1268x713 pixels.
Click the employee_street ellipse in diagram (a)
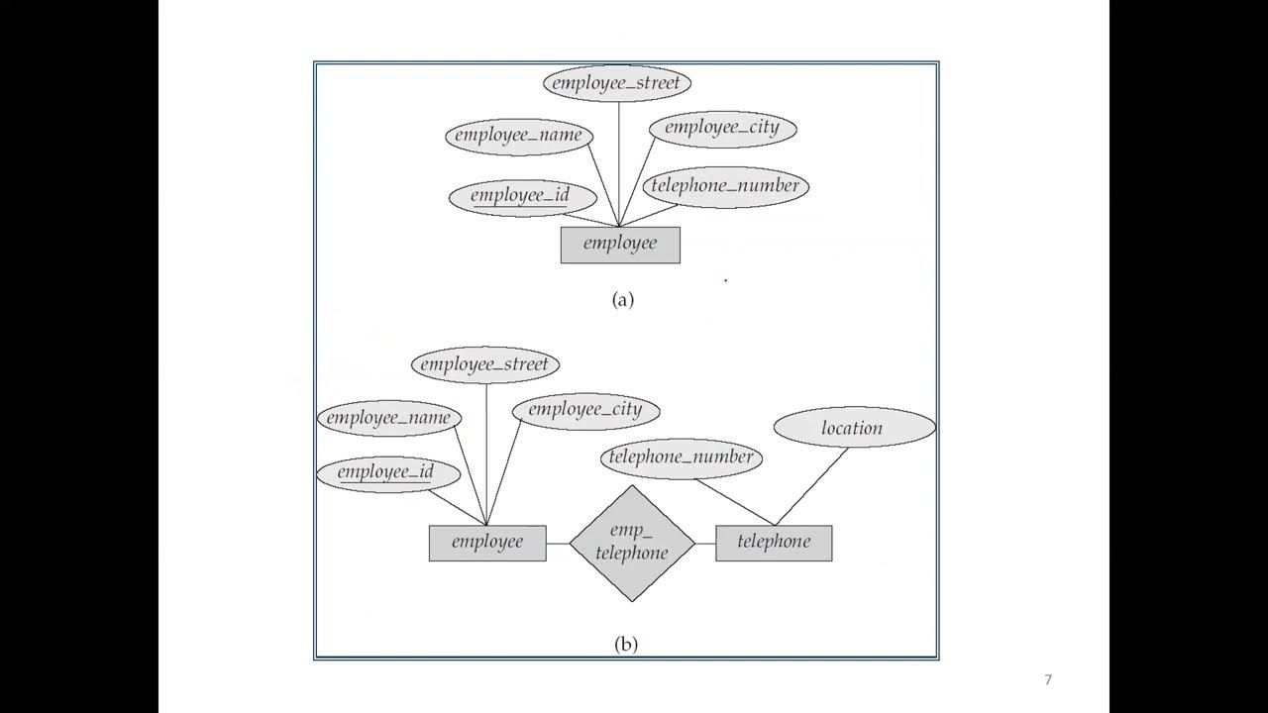click(616, 83)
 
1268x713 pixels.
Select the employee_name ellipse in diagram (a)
click(519, 136)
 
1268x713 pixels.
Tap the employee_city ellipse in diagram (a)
click(722, 128)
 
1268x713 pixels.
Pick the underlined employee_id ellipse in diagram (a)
click(521, 196)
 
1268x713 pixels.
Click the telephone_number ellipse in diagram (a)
click(725, 186)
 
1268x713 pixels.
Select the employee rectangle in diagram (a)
click(620, 245)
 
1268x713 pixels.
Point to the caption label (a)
click(623, 300)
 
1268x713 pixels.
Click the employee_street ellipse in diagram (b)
click(485, 364)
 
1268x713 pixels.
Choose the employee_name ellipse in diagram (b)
click(388, 418)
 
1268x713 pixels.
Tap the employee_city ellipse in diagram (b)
click(585, 410)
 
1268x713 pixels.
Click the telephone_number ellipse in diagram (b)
click(682, 458)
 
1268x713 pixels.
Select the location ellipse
click(853, 428)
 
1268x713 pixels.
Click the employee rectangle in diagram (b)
click(487, 543)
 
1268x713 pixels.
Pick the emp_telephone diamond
click(632, 543)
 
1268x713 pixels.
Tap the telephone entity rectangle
click(774, 543)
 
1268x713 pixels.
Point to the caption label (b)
click(626, 645)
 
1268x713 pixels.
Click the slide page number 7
click(1048, 679)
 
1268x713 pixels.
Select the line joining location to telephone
click(812, 486)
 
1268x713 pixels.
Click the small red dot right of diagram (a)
click(725, 280)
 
